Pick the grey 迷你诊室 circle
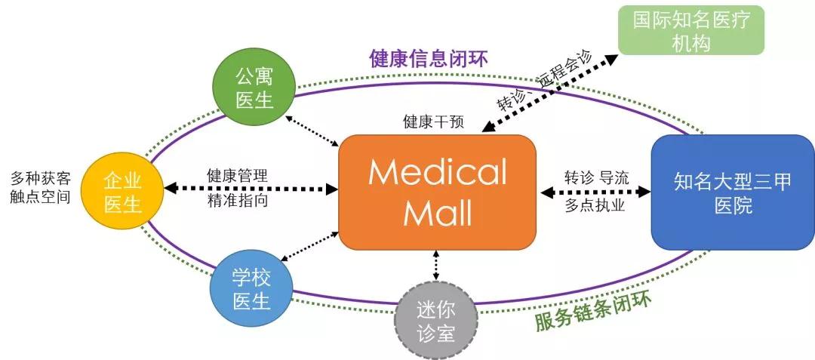click(436, 320)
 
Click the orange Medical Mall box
click(437, 192)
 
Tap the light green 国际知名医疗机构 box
click(690, 29)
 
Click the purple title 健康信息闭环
click(429, 59)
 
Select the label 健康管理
click(237, 176)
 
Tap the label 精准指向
click(237, 202)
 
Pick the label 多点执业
click(595, 205)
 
